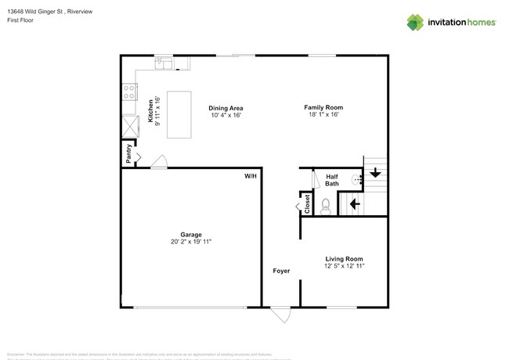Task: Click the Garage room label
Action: [191, 234]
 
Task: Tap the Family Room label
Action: [323, 107]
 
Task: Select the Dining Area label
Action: [226, 107]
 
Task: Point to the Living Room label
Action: [345, 258]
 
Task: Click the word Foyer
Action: [281, 271]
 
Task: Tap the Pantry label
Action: [128, 153]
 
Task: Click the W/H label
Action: [251, 177]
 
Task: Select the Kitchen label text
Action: [151, 110]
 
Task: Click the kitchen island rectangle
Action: [180, 114]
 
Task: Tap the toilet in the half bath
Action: [327, 205]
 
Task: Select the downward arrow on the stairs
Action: [375, 172]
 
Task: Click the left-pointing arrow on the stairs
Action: [354, 203]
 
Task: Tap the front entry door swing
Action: [280, 315]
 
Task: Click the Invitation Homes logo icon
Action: [415, 22]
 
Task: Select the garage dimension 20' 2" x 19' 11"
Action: [191, 242]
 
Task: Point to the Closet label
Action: [307, 204]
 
